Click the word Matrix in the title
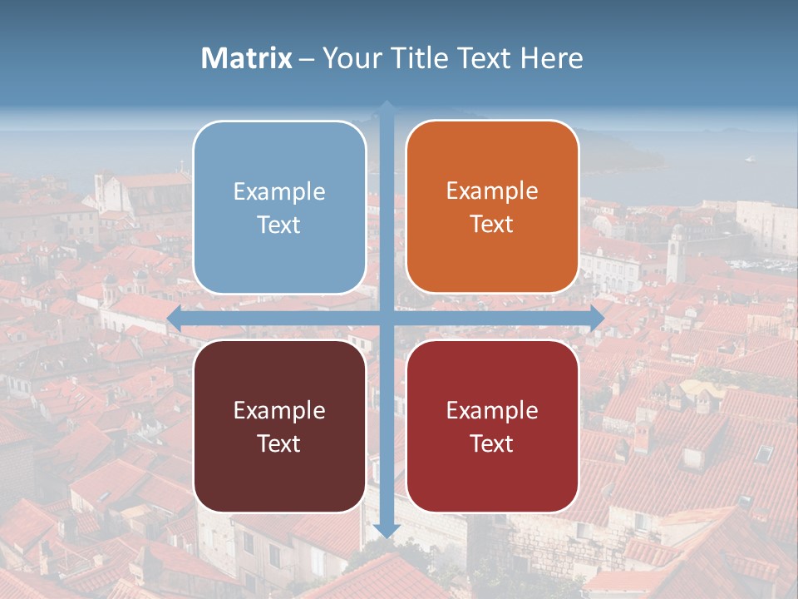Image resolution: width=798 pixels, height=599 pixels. pyautogui.click(x=247, y=58)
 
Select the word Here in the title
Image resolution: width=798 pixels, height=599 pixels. pyautogui.click(x=551, y=58)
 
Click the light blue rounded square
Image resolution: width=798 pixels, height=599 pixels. pyautogui.click(x=279, y=207)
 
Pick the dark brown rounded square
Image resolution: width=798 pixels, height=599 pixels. pyautogui.click(x=279, y=426)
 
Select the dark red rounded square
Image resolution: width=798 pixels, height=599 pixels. pyautogui.click(x=492, y=426)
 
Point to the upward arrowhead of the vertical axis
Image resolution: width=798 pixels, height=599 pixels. pyautogui.click(x=387, y=107)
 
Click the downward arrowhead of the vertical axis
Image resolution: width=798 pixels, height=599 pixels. pyautogui.click(x=387, y=530)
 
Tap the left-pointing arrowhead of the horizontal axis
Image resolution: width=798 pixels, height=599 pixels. pyautogui.click(x=175, y=317)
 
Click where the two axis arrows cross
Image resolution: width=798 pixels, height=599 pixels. pyautogui.click(x=387, y=317)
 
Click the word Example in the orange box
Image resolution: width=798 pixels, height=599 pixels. pyautogui.click(x=492, y=191)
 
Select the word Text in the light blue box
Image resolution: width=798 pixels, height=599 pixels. pyautogui.click(x=279, y=225)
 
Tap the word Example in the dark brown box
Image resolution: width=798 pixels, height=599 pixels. pyautogui.click(x=279, y=410)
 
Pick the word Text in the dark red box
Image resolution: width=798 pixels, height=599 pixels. pyautogui.click(x=492, y=443)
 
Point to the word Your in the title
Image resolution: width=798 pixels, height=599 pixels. pyautogui.click(x=348, y=58)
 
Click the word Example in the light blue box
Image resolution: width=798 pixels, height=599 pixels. pyautogui.click(x=279, y=191)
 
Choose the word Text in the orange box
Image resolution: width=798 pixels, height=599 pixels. pyautogui.click(x=492, y=224)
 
